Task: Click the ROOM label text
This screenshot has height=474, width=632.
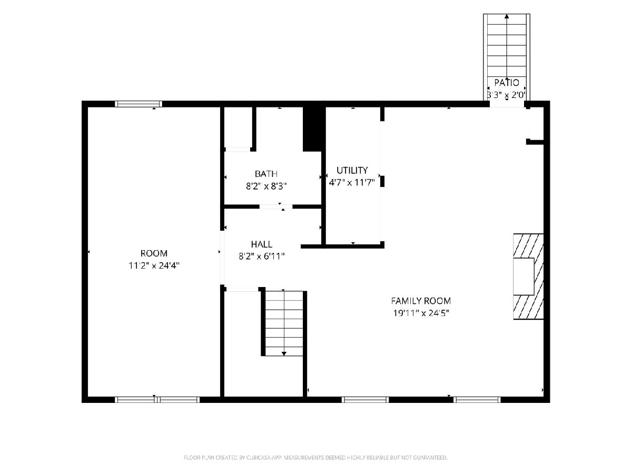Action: coord(154,253)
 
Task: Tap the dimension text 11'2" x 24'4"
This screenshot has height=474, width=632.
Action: coord(154,265)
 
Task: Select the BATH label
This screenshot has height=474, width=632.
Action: coord(266,174)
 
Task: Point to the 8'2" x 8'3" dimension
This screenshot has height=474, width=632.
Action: coord(266,186)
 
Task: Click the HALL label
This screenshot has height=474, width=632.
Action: coord(261,244)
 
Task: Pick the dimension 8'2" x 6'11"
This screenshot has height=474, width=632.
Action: coord(261,256)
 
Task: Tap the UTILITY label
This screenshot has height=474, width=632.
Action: coord(352,170)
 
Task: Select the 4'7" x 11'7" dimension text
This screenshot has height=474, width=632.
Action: coord(352,182)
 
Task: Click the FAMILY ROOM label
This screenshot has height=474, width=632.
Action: coord(421,301)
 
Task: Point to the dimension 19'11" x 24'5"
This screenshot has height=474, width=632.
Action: coord(421,313)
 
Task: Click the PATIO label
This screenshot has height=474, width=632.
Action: coord(507,83)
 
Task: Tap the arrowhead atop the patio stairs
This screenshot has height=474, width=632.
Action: coord(507,16)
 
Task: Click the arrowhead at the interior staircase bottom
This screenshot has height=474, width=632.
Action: coord(284,353)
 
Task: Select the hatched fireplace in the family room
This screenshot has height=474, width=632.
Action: coord(528,276)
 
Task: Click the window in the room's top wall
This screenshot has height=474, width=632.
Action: coord(139,104)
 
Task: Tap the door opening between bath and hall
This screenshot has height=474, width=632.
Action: coord(276,206)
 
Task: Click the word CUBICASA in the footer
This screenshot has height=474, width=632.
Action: coord(259,457)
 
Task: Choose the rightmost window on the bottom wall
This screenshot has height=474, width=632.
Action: coord(477,399)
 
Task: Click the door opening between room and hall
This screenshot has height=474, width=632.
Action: coord(222,258)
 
